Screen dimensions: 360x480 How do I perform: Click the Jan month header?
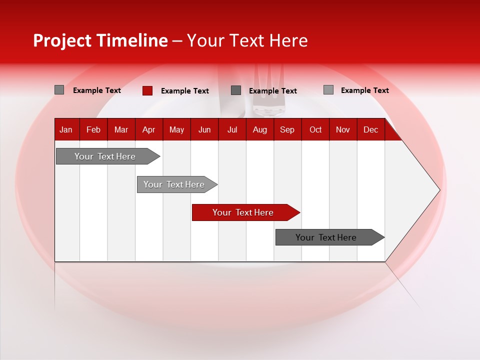pyautogui.click(x=66, y=129)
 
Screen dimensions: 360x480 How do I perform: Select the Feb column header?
pyautogui.click(x=93, y=129)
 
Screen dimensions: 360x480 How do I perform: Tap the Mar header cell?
pyautogui.click(x=121, y=129)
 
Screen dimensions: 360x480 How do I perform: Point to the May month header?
pyautogui.click(x=176, y=129)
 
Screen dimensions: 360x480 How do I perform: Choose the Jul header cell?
pyautogui.click(x=232, y=129)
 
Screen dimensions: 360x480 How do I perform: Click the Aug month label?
pyautogui.click(x=259, y=129)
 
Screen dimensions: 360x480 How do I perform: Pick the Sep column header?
pyautogui.click(x=287, y=129)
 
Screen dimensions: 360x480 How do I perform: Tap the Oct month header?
pyautogui.click(x=315, y=129)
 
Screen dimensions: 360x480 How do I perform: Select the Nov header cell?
pyautogui.click(x=343, y=129)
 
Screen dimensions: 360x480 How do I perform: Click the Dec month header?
pyautogui.click(x=370, y=129)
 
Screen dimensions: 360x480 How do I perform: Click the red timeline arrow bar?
pyautogui.click(x=244, y=212)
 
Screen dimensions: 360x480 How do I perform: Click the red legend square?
pyautogui.click(x=147, y=90)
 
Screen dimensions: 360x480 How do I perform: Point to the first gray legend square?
pyautogui.click(x=59, y=90)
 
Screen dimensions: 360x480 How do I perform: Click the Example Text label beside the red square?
pyautogui.click(x=184, y=91)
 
